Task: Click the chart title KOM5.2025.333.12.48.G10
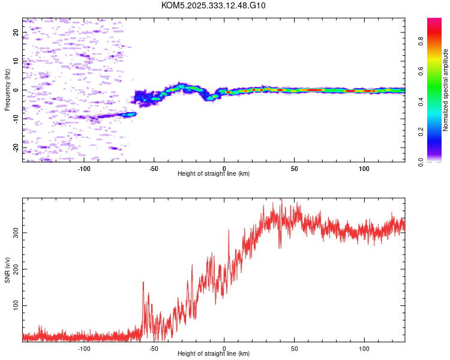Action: tap(214, 5)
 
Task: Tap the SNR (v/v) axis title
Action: tap(7, 269)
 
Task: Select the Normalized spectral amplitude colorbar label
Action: tap(446, 90)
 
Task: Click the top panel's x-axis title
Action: tap(214, 173)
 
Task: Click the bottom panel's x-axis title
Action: tap(214, 353)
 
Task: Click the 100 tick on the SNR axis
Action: tap(14, 305)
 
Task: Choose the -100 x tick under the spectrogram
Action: tap(84, 168)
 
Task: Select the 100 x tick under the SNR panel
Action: tap(364, 348)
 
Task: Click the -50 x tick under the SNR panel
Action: tap(154, 348)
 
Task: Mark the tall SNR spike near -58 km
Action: tap(143, 283)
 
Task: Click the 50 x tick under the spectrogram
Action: tap(294, 168)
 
